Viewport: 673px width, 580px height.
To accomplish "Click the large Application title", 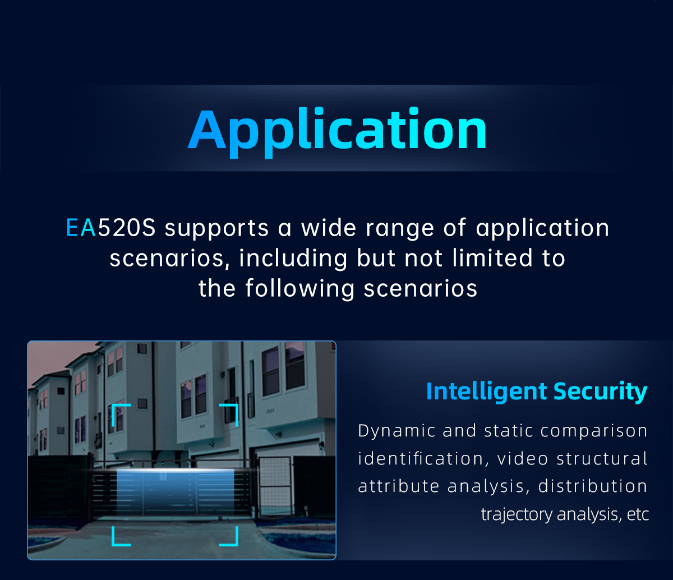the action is [x=337, y=132].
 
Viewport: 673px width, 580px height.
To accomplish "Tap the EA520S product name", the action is [x=111, y=227].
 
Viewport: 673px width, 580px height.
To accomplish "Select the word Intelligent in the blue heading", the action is [x=486, y=392].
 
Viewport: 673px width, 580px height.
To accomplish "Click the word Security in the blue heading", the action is [x=601, y=392].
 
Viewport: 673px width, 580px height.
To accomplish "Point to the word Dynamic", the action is [x=397, y=431].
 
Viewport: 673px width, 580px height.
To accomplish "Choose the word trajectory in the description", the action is [x=517, y=514].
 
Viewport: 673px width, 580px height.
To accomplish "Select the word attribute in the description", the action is [x=399, y=486].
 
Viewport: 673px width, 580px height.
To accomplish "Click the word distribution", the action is [x=593, y=486].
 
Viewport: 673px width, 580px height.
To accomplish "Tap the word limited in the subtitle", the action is [x=492, y=258].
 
